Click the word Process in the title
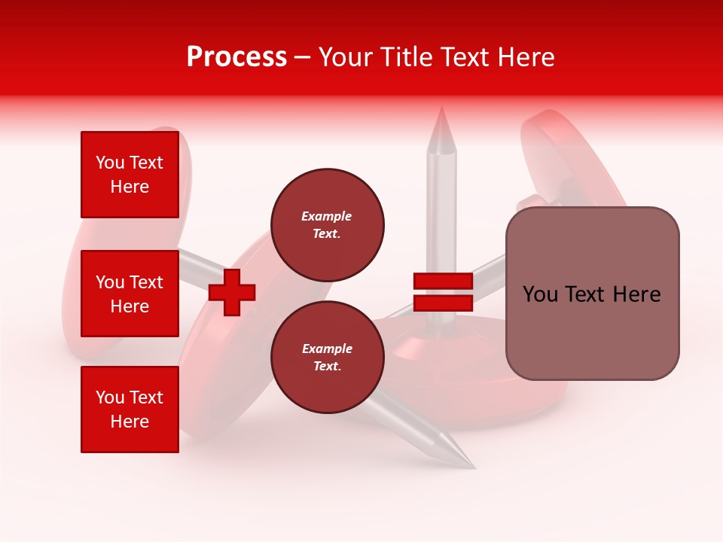click(x=236, y=57)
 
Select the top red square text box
click(x=130, y=175)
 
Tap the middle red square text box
click(x=130, y=294)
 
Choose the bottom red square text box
click(x=130, y=409)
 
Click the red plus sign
click(x=232, y=292)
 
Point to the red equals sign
click(x=443, y=292)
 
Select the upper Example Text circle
click(x=328, y=224)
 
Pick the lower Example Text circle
click(x=328, y=357)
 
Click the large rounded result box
click(x=592, y=294)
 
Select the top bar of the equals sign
click(x=443, y=282)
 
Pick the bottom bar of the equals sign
click(x=443, y=303)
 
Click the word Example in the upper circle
click(x=327, y=216)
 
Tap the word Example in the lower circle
click(x=327, y=349)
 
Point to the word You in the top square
click(x=110, y=163)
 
